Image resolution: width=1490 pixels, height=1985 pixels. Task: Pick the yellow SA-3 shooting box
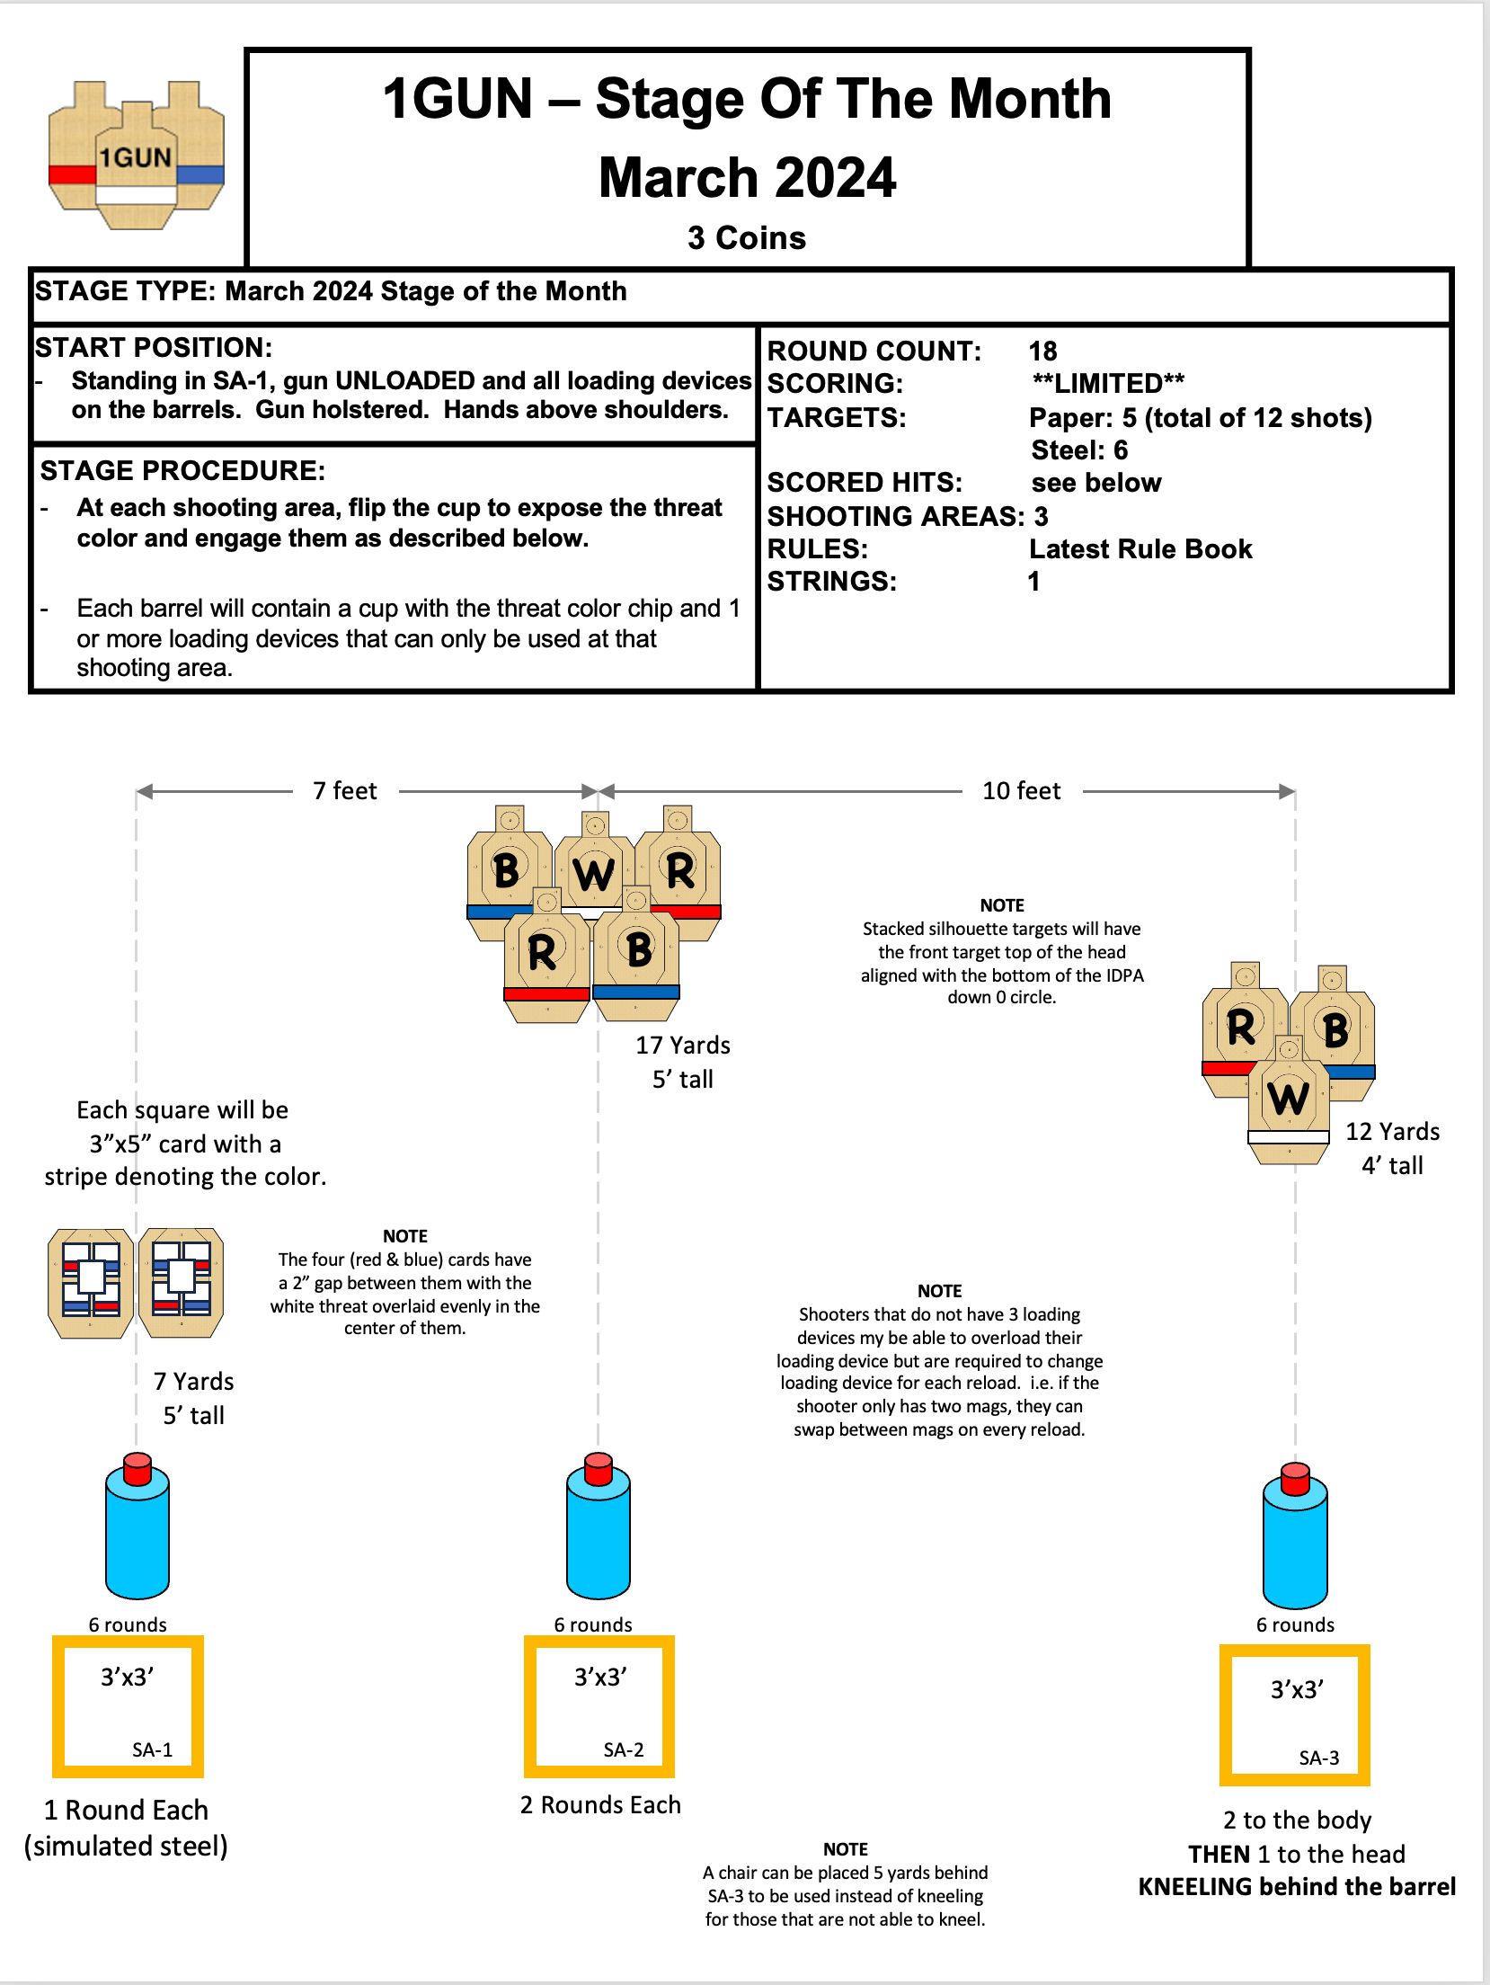(1295, 1715)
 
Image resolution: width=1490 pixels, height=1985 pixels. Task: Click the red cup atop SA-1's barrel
(137, 1468)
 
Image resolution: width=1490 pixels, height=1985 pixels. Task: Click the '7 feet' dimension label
(345, 791)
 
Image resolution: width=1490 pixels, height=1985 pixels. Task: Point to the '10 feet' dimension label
(1022, 791)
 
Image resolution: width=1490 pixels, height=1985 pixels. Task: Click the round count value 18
(1043, 352)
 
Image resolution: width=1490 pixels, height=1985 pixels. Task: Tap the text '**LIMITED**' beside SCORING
(1108, 384)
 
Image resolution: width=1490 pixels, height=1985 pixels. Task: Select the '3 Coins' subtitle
(747, 238)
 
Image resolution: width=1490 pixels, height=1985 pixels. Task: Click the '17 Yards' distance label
(683, 1046)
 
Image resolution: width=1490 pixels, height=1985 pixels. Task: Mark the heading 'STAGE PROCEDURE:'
(182, 471)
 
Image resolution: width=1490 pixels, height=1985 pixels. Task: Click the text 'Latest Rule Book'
(1140, 549)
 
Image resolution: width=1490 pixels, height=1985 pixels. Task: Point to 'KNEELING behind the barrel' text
(1297, 1887)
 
